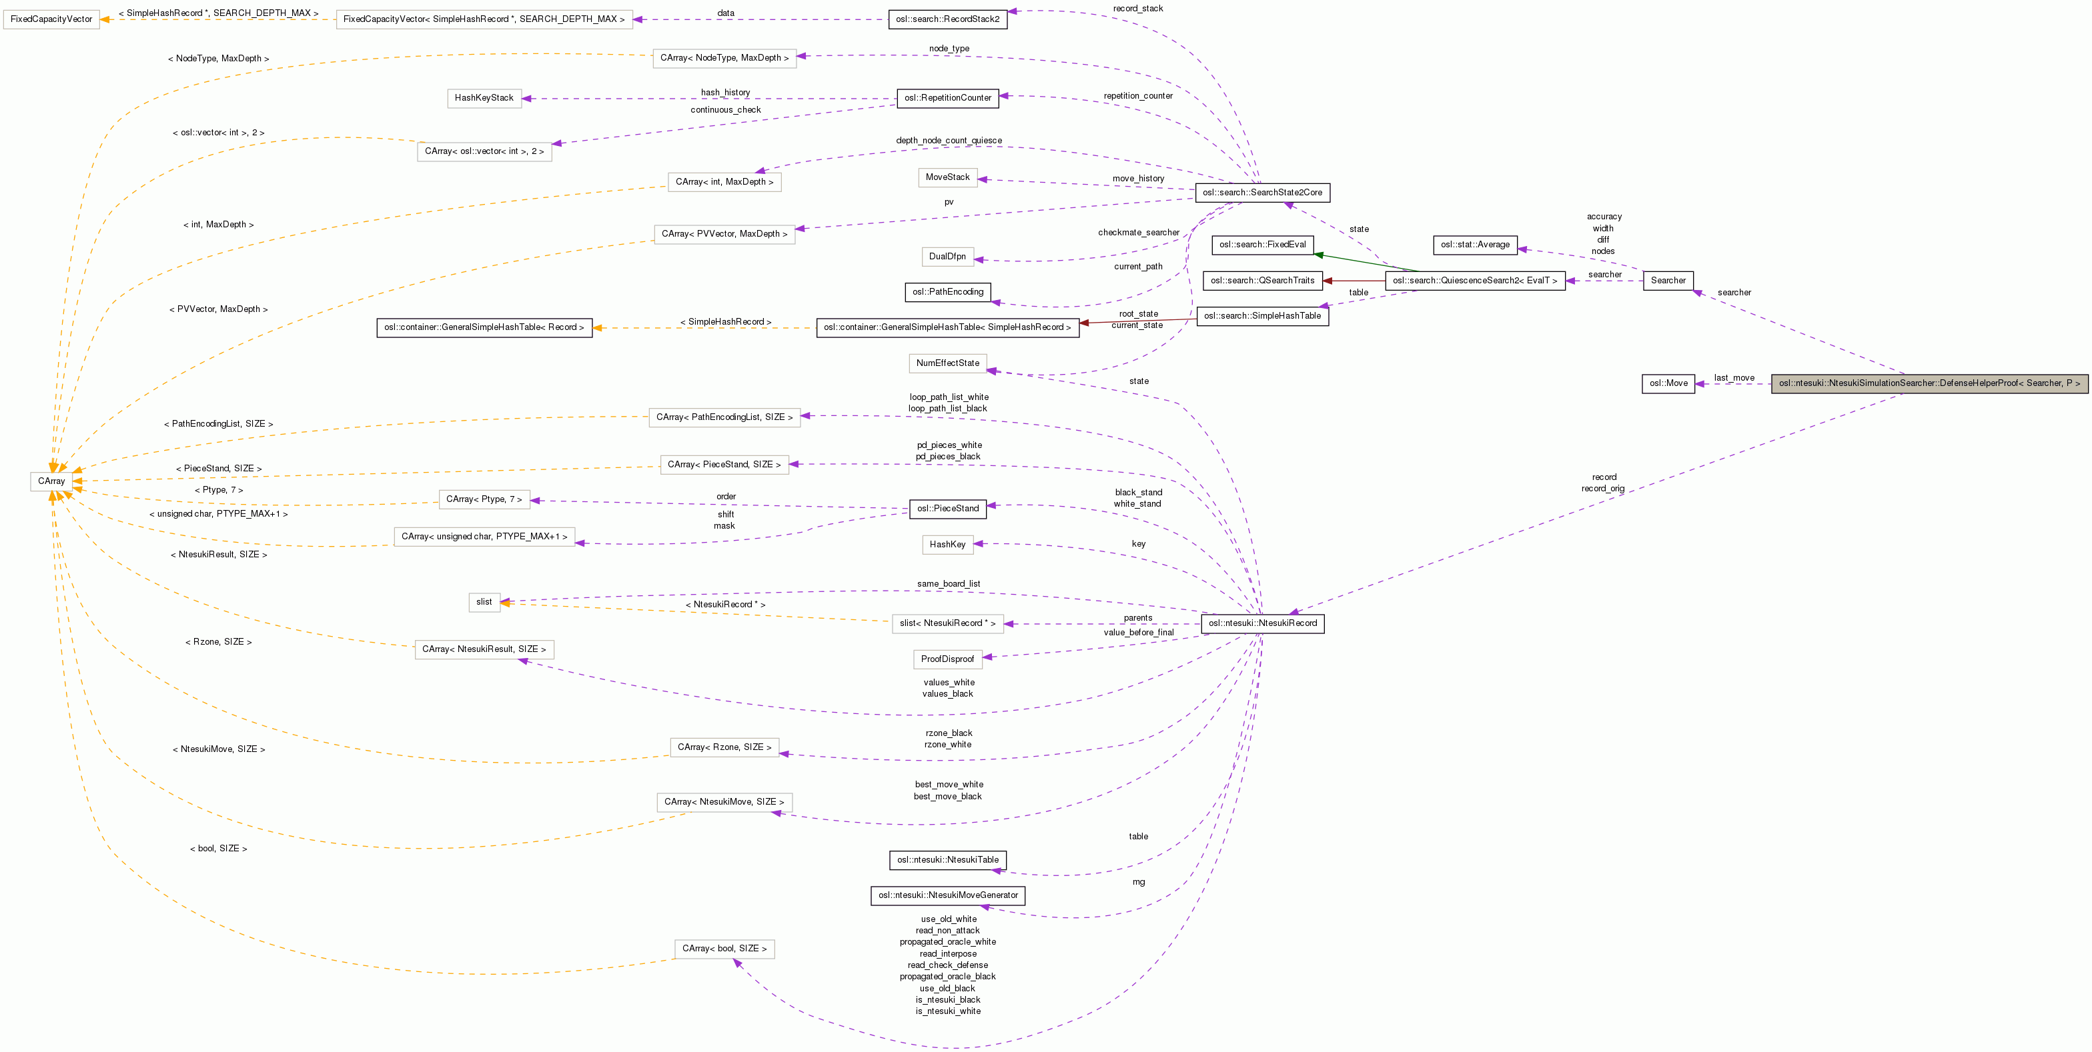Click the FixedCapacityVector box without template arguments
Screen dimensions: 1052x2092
pos(51,19)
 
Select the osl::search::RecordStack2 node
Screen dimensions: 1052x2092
pos(948,19)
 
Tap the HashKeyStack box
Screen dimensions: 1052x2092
pos(484,98)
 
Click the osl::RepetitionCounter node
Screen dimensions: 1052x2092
pos(948,98)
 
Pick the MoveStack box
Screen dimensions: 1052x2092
pos(948,177)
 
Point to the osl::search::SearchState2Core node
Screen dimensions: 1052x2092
pos(1262,193)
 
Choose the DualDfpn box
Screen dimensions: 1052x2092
pos(948,257)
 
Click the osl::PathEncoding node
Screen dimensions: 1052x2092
pos(948,292)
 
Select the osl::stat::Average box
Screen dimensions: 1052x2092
pos(1475,244)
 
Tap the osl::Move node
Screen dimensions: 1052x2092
pos(1668,383)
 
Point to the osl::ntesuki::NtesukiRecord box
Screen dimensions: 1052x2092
pos(1262,623)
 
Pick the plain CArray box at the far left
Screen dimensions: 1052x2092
pos(51,481)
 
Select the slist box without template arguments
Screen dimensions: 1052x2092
pos(484,602)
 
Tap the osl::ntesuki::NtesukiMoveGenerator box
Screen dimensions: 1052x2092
pos(948,895)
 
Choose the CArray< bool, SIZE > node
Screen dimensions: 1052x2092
pos(724,949)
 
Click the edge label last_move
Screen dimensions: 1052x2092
pos(1734,377)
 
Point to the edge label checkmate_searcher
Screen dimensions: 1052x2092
pos(1138,232)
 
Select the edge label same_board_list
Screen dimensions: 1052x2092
pos(948,583)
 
